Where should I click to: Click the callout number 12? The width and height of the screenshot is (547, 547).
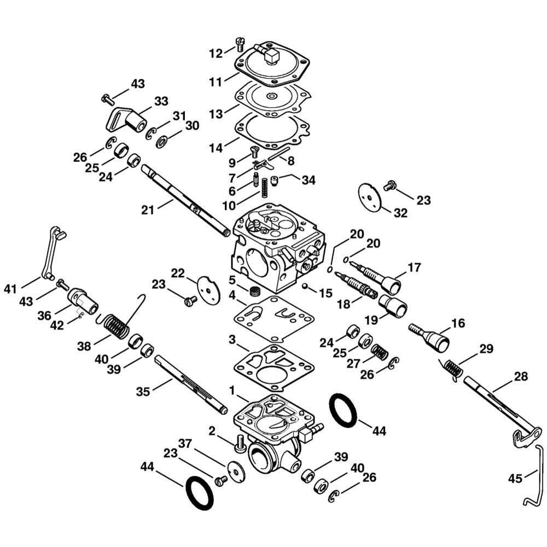tap(216, 53)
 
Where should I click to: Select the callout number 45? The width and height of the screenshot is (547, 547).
tap(515, 479)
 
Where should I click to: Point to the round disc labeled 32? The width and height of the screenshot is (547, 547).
tap(370, 195)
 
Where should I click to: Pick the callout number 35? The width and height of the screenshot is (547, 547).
tap(143, 391)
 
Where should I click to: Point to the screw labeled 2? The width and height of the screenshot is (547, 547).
tap(239, 443)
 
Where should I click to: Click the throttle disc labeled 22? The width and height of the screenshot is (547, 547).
tap(208, 287)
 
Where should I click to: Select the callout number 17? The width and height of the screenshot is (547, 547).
tap(414, 268)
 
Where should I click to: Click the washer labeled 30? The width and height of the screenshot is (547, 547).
tap(162, 143)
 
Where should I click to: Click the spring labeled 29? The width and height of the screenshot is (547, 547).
tap(452, 366)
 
